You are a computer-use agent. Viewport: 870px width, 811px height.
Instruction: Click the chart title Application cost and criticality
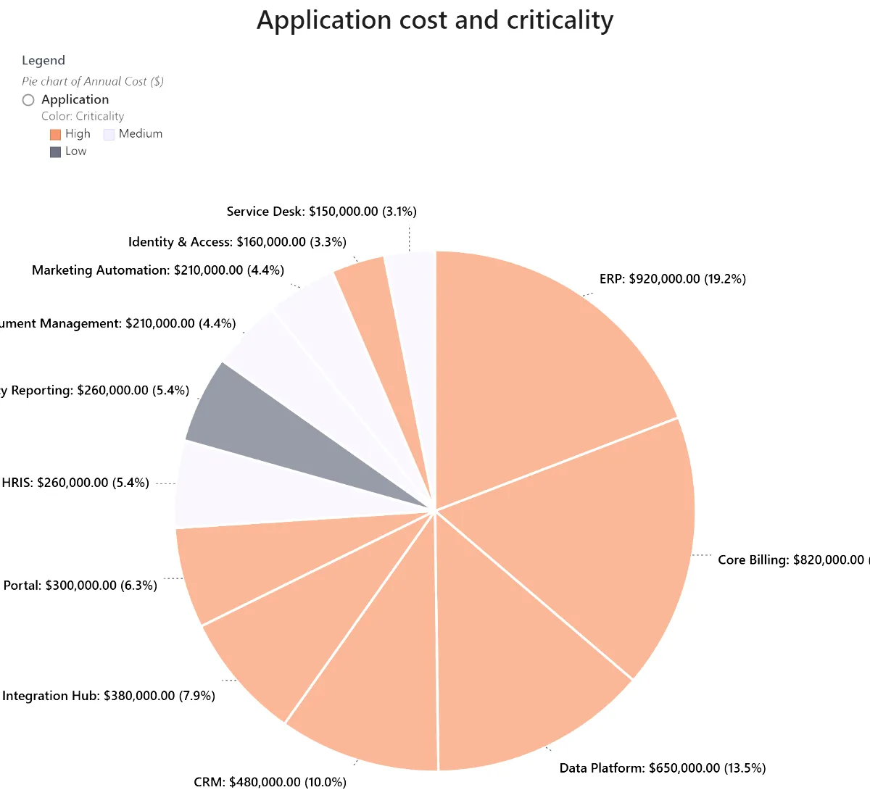pyautogui.click(x=435, y=20)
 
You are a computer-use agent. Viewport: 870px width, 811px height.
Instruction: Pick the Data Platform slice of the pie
pyautogui.click(x=515, y=667)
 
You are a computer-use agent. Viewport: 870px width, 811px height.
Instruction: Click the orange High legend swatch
pyautogui.click(x=55, y=134)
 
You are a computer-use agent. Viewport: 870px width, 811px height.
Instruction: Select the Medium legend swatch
pyautogui.click(x=109, y=134)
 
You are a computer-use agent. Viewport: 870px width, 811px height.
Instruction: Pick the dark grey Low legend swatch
pyautogui.click(x=55, y=151)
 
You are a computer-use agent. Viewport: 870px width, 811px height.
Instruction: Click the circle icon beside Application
pyautogui.click(x=28, y=100)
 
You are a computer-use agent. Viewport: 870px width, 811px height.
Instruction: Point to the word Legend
pyautogui.click(x=43, y=60)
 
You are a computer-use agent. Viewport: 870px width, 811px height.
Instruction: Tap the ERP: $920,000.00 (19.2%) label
pyautogui.click(x=672, y=279)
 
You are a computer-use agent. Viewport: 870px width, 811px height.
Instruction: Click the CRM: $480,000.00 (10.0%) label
pyautogui.click(x=270, y=782)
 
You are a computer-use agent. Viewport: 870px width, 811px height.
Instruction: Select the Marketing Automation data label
pyautogui.click(x=158, y=270)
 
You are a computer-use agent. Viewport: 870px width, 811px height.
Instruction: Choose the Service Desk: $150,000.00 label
pyautogui.click(x=321, y=212)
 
